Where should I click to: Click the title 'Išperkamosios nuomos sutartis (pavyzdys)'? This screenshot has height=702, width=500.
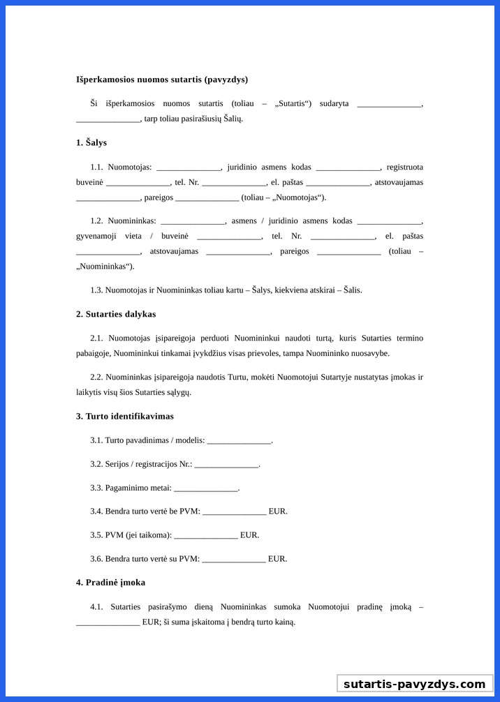pyautogui.click(x=161, y=80)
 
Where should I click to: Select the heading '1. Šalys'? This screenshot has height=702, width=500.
pyautogui.click(x=91, y=142)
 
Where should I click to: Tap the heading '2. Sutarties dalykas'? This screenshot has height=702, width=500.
pyautogui.click(x=116, y=314)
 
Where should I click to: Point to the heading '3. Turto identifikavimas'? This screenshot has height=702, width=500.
pyautogui.click(x=125, y=416)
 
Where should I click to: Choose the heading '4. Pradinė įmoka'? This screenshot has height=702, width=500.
pyautogui.click(x=110, y=582)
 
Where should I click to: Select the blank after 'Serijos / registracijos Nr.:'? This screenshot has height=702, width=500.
pyautogui.click(x=226, y=465)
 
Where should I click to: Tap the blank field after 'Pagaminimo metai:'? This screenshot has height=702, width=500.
pyautogui.click(x=205, y=488)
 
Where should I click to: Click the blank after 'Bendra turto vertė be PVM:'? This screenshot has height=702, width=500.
pyautogui.click(x=234, y=512)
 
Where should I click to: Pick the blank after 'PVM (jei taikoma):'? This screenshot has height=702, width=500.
pyautogui.click(x=205, y=536)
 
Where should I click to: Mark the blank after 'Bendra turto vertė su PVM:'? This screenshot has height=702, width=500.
pyautogui.click(x=233, y=560)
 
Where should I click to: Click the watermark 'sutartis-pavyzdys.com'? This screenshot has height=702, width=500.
pyautogui.click(x=414, y=684)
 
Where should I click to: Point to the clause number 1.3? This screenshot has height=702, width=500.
pyautogui.click(x=96, y=290)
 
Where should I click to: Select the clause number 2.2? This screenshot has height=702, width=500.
pyautogui.click(x=96, y=377)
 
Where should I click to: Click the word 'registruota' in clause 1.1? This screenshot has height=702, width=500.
pyautogui.click(x=404, y=167)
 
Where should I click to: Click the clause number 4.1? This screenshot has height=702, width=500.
pyautogui.click(x=96, y=606)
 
